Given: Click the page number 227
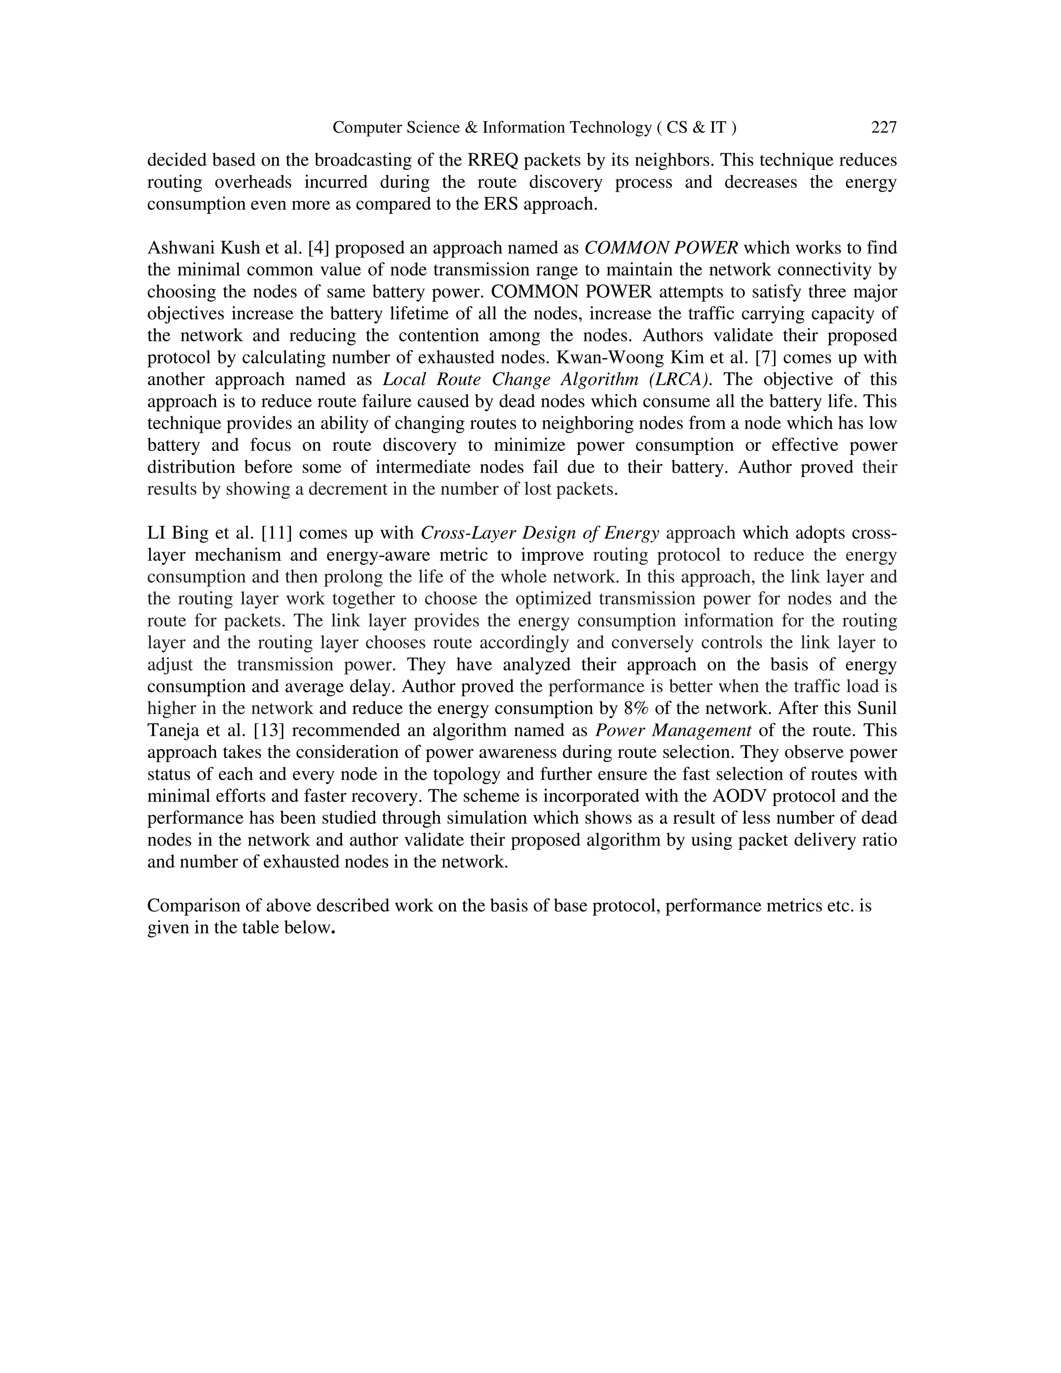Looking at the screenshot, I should pos(883,127).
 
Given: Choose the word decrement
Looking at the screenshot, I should pos(350,489).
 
